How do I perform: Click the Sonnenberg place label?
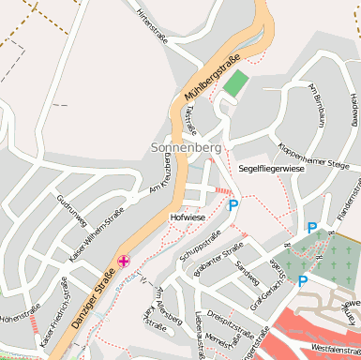click(186, 148)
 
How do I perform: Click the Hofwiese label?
click(188, 217)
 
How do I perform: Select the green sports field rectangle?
click(233, 83)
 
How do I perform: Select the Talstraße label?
click(190, 120)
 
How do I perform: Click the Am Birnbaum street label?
click(314, 106)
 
